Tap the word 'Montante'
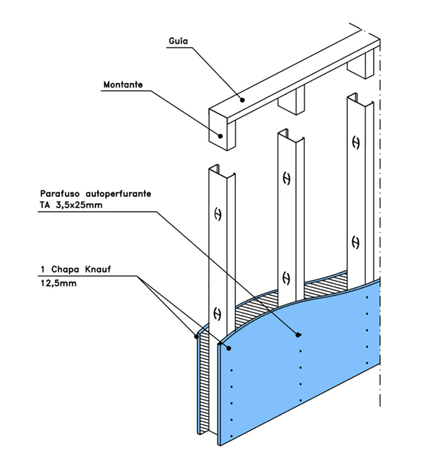tap(122, 85)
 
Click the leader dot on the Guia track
tap(243, 100)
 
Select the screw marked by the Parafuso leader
tap(299, 334)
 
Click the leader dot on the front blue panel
tap(229, 348)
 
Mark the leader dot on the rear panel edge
tap(196, 335)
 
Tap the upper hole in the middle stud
tap(286, 178)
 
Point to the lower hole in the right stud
tap(356, 242)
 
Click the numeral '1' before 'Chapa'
tap(41, 270)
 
